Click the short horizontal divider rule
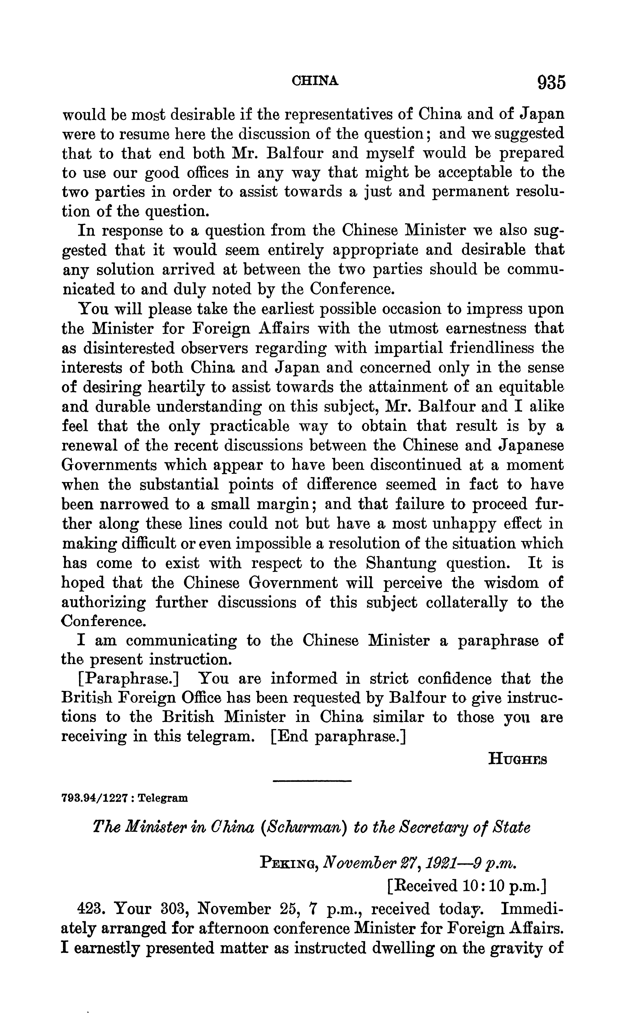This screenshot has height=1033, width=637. point(312,781)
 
